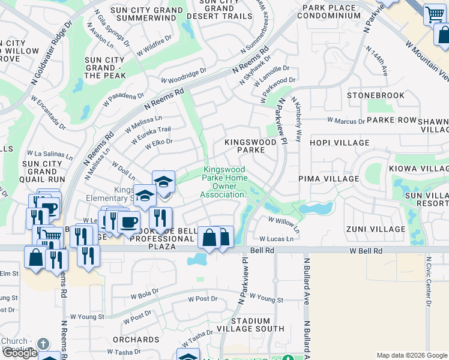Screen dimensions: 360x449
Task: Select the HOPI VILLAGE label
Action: tap(339, 143)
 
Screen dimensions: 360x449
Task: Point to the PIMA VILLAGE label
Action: tap(328, 179)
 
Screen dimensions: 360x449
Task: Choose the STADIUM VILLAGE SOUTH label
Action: tap(258, 325)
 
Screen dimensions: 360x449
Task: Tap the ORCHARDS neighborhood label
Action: tap(136, 340)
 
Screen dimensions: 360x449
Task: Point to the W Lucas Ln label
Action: tap(276, 239)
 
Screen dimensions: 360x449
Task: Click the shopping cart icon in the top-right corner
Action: tap(434, 14)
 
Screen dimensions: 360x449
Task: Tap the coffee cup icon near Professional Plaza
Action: tap(128, 221)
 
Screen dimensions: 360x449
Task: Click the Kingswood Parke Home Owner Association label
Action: tap(224, 182)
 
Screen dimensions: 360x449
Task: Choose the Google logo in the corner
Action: tap(19, 353)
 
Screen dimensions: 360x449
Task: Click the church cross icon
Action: tap(42, 344)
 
